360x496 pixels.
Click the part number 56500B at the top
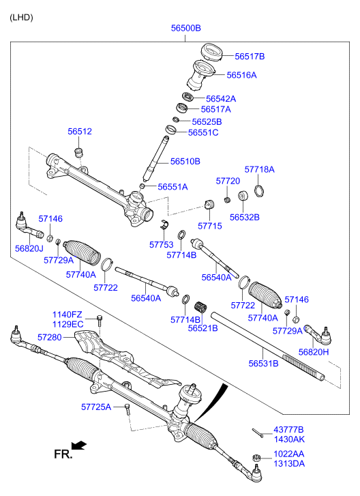pyautogui.click(x=185, y=29)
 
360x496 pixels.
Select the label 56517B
pyautogui.click(x=250, y=56)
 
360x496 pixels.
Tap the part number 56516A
pyautogui.click(x=241, y=75)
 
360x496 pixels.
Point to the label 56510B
pyautogui.click(x=185, y=162)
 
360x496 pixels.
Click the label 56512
pyautogui.click(x=79, y=132)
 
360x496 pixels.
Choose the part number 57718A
pyautogui.click(x=259, y=169)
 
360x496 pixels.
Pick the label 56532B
pyautogui.click(x=244, y=217)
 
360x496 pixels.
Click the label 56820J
pyautogui.click(x=29, y=249)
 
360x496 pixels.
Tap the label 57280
pyautogui.click(x=49, y=337)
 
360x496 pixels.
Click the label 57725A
pyautogui.click(x=95, y=407)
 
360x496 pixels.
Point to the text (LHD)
pyautogui.click(x=21, y=16)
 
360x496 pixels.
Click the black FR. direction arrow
pyautogui.click(x=79, y=446)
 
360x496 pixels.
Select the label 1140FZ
pyautogui.click(x=67, y=315)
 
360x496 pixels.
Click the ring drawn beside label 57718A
pyautogui.click(x=259, y=189)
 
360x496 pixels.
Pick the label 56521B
pyautogui.click(x=202, y=328)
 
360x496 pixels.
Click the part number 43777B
pyautogui.click(x=289, y=430)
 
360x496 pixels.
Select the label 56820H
pyautogui.click(x=314, y=351)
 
